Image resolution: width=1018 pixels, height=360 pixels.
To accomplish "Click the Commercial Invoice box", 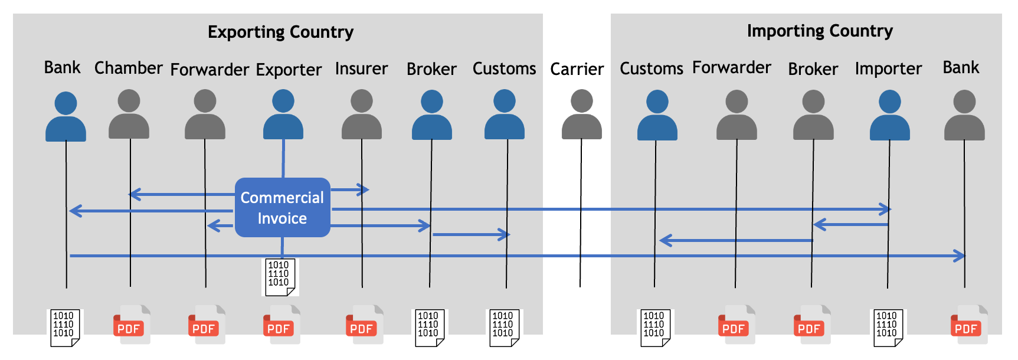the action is [x=283, y=207].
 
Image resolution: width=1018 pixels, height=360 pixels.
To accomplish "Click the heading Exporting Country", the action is [x=280, y=32].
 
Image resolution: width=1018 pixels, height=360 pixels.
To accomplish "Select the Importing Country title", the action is [x=820, y=31].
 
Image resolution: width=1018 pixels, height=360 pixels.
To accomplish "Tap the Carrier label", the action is [x=577, y=69].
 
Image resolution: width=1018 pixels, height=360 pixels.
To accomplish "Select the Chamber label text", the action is [x=129, y=68].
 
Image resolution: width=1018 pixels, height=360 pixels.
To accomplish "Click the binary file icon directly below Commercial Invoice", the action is [x=280, y=277].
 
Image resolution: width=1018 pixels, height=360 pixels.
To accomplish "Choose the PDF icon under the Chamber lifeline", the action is [x=132, y=324].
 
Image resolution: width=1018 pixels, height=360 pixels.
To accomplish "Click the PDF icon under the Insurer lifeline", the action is [x=364, y=324].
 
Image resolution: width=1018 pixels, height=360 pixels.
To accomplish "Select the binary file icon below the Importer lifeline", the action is [x=889, y=328].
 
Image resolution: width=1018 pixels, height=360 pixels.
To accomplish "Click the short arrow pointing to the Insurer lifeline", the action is [x=350, y=189].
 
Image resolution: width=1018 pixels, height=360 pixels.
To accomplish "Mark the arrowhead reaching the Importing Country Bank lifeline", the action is [x=960, y=256].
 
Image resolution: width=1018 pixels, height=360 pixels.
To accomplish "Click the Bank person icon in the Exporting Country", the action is [x=66, y=116].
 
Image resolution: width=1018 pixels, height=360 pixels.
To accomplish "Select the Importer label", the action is [x=888, y=69].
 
